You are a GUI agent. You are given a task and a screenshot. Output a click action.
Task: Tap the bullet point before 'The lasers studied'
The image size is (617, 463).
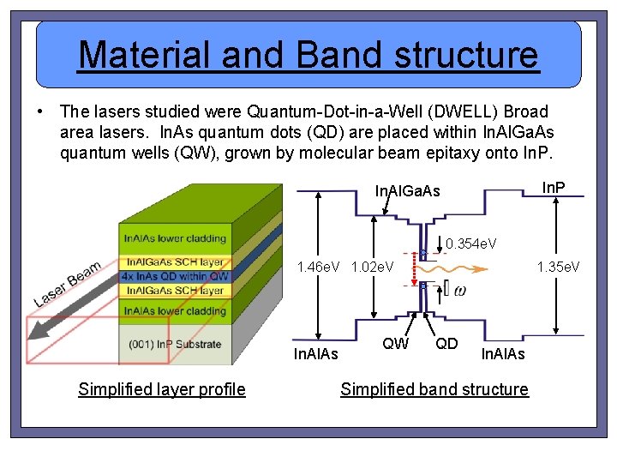click(x=39, y=112)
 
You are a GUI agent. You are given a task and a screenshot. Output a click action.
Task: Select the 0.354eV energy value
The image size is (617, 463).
click(x=471, y=246)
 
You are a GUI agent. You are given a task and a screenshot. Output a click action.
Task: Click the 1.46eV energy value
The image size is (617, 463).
click(x=320, y=268)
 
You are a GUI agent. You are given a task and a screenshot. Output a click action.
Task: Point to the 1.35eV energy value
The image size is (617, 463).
click(x=558, y=268)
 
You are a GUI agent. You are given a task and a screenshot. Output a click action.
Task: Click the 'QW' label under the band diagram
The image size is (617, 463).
click(x=394, y=344)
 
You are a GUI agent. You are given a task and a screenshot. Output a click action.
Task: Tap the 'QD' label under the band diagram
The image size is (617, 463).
click(x=446, y=344)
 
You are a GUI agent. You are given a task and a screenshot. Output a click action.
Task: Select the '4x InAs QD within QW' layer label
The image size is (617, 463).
click(x=175, y=276)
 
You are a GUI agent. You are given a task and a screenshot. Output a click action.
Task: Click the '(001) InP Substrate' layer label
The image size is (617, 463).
click(x=175, y=344)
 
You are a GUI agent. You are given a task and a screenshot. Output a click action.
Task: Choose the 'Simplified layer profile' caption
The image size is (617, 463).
click(x=161, y=390)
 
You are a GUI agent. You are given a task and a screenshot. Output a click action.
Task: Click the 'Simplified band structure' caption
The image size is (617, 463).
click(x=434, y=390)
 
